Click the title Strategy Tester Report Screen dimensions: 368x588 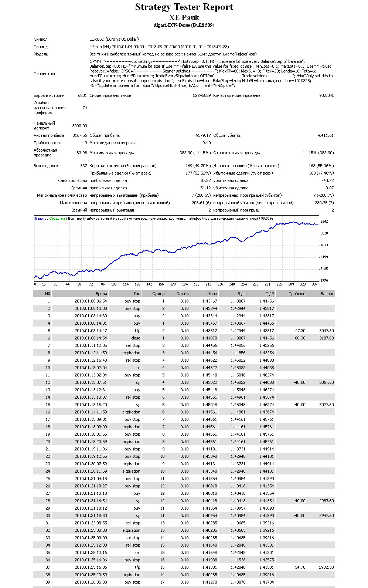click(x=184, y=7)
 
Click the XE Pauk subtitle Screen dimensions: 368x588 click(x=184, y=18)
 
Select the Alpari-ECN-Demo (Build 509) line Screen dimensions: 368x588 click(x=184, y=25)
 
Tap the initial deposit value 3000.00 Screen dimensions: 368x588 click(x=79, y=126)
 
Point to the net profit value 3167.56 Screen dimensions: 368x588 click(x=79, y=135)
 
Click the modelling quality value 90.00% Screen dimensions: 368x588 click(x=326, y=95)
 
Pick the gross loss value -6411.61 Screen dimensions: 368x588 click(x=326, y=135)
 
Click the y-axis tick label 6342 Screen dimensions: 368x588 click(x=324, y=221)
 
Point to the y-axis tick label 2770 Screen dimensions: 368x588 click(x=324, y=280)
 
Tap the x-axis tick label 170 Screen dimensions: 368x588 click(x=173, y=284)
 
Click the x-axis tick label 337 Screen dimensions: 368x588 click(x=314, y=284)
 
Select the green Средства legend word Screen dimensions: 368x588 click(x=57, y=219)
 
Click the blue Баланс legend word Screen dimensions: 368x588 click(x=40, y=219)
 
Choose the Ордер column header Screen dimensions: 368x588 click(x=159, y=294)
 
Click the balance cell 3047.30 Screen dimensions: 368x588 click(x=327, y=331)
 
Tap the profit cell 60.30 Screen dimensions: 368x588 click(x=300, y=338)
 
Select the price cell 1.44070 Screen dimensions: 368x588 click(x=209, y=338)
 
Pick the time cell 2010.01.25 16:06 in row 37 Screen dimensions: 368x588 click(x=91, y=567)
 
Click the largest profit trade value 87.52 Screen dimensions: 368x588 click(x=206, y=180)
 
